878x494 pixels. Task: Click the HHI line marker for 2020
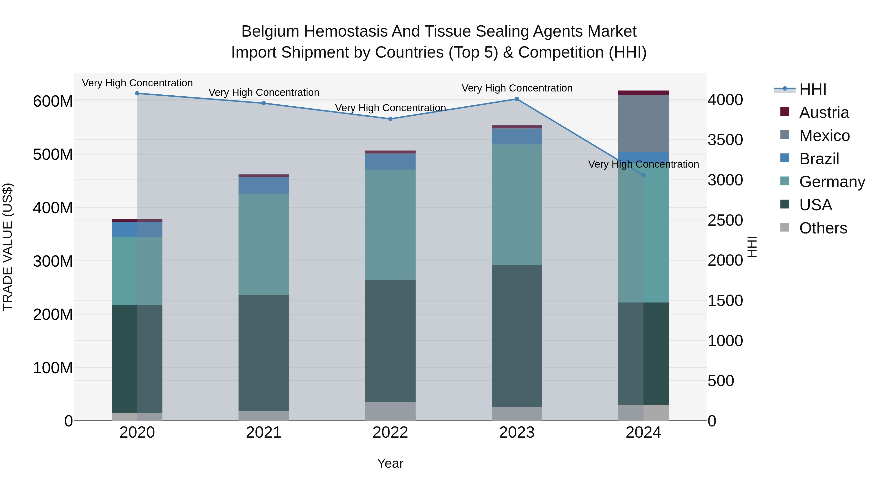[137, 93]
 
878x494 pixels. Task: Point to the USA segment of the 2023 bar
[517, 336]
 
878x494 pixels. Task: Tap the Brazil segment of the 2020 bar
[137, 229]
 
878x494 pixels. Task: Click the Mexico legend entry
[824, 136]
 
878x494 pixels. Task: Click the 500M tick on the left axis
[53, 154]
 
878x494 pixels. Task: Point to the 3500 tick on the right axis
[725, 140]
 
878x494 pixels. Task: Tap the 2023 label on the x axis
[517, 433]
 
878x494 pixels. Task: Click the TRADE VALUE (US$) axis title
[8, 247]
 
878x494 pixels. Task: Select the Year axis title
[390, 463]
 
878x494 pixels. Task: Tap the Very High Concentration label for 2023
[517, 88]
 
